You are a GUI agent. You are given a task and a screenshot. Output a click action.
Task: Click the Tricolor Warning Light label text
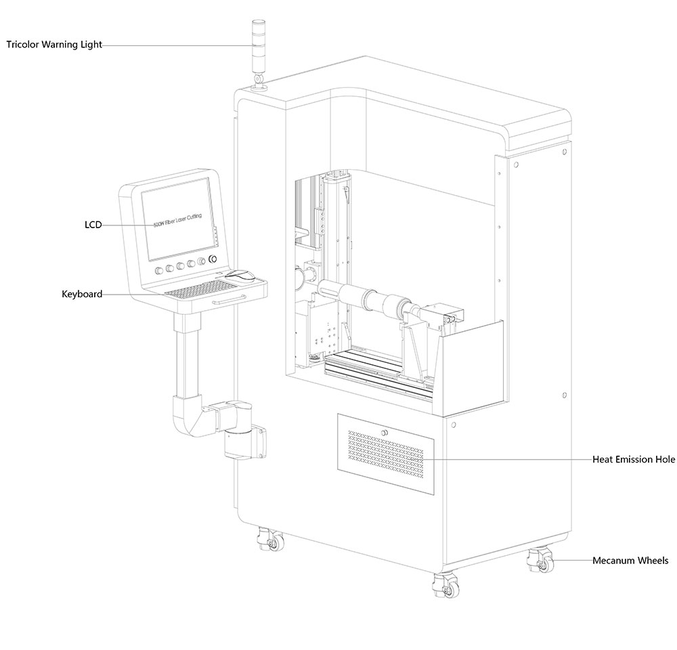54,45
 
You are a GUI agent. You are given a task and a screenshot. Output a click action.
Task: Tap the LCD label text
93,225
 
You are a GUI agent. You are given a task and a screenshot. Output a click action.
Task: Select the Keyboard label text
82,294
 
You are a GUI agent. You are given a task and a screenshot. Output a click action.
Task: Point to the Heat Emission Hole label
634,459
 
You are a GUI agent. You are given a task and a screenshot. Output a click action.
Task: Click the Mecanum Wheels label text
630,560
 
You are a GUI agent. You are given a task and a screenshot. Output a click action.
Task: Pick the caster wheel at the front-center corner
447,586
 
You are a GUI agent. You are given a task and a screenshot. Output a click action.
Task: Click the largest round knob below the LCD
214,260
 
